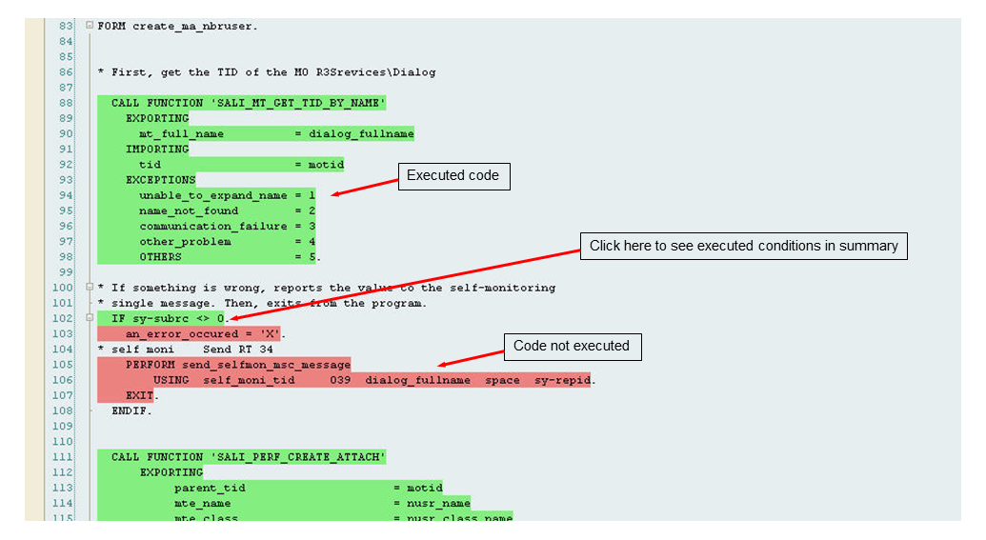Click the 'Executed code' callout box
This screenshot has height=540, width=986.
pos(453,175)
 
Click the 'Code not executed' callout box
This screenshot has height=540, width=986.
pos(571,346)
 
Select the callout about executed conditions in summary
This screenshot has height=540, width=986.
pos(743,246)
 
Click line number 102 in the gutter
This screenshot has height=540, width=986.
pos(63,318)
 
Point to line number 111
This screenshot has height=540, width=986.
pos(63,457)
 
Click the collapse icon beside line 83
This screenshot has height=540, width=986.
pos(89,26)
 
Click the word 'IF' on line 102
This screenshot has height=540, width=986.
pos(118,318)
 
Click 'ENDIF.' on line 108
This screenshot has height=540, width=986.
pos(131,411)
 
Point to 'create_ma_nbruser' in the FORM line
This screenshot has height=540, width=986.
pos(194,26)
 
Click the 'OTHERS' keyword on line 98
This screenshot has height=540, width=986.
pos(160,257)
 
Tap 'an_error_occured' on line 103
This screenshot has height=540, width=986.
pos(181,334)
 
